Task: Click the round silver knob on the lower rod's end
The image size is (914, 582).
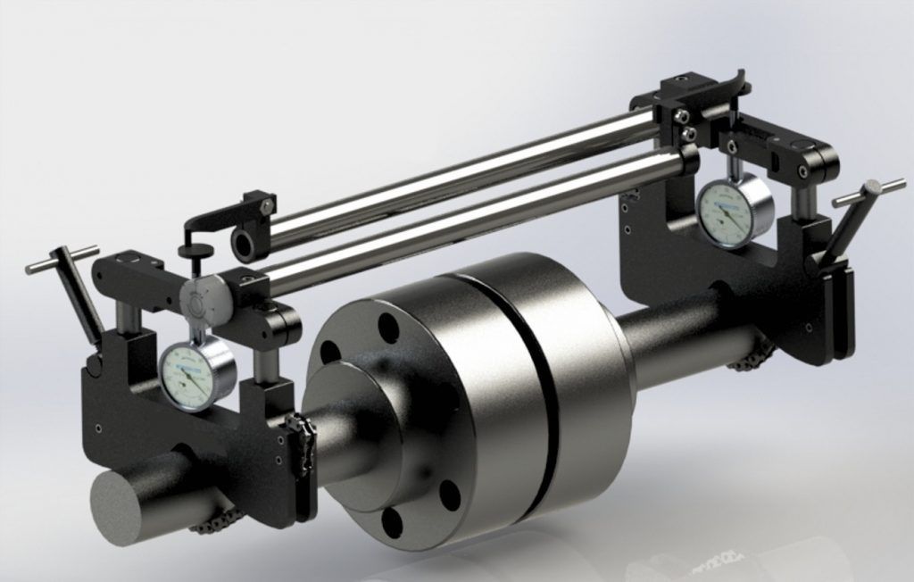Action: click(198, 301)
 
